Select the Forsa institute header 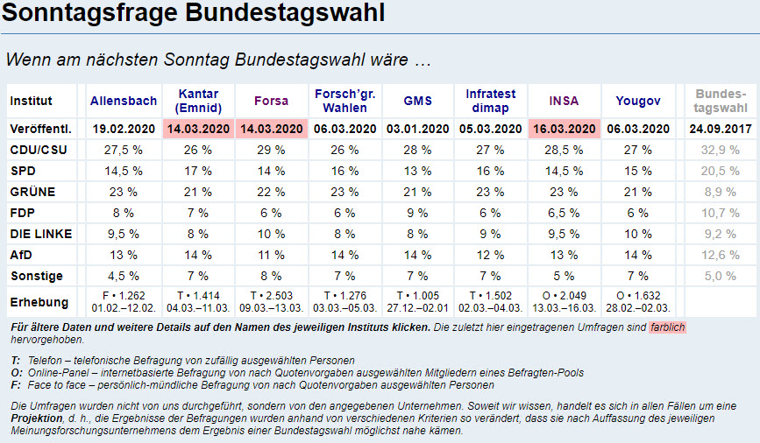coord(270,101)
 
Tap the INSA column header coord(564,101)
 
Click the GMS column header coord(417,101)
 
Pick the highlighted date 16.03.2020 coord(564,129)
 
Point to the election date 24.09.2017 coord(721,129)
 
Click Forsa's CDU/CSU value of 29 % coord(270,150)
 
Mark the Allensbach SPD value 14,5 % coord(122,171)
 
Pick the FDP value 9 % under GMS coord(417,213)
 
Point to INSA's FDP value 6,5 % coord(564,213)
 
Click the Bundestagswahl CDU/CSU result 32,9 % coord(721,150)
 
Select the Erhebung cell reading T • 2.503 coord(270,296)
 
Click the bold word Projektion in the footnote coord(39,418)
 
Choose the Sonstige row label coord(36,276)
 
